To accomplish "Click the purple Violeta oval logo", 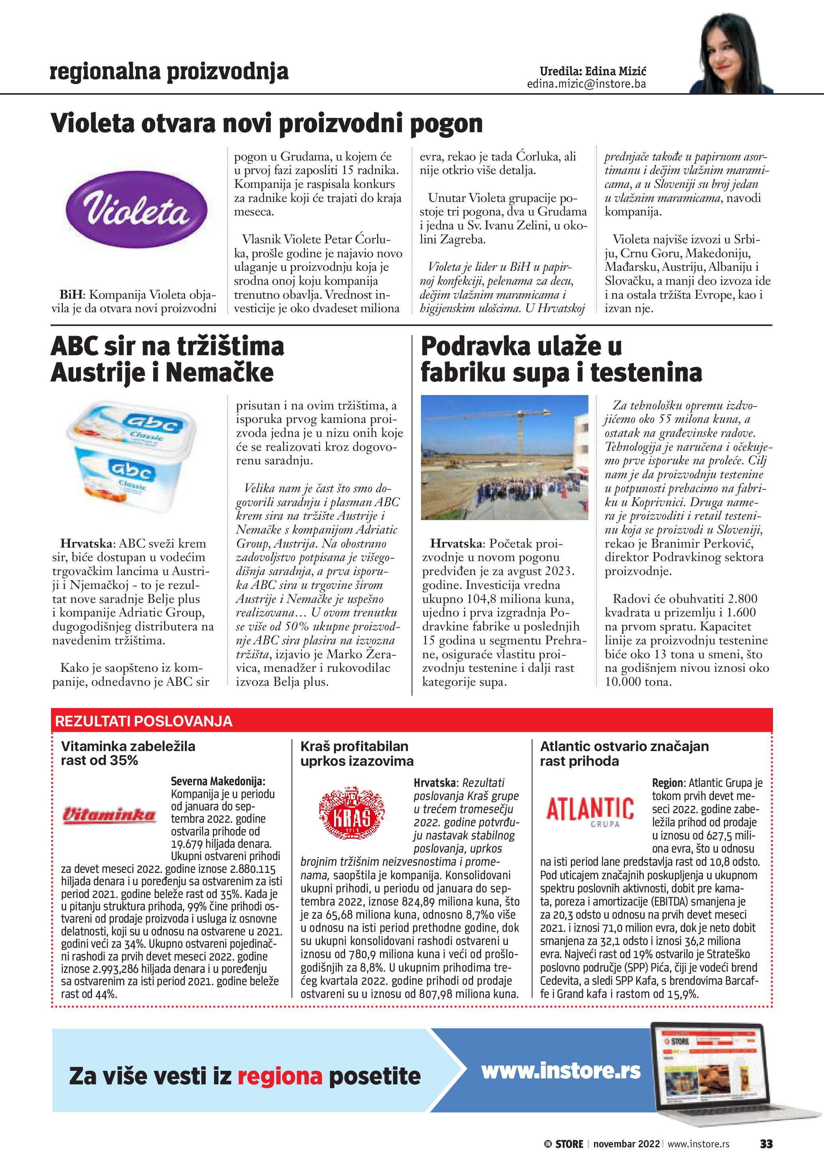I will [137, 209].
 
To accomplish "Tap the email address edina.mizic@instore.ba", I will [586, 84].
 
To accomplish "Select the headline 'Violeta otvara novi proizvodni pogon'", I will [266, 123].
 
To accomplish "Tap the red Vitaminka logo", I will [108, 815].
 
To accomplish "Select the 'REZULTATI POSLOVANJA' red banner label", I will [144, 722].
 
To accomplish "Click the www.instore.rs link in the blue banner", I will [560, 1071].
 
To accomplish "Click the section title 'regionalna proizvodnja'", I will [169, 72].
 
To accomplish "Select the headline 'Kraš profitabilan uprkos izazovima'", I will [357, 753].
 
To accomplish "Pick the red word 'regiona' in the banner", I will [279, 1076].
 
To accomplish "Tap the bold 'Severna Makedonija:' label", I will [218, 781].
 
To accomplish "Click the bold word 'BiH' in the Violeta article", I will [71, 295].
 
